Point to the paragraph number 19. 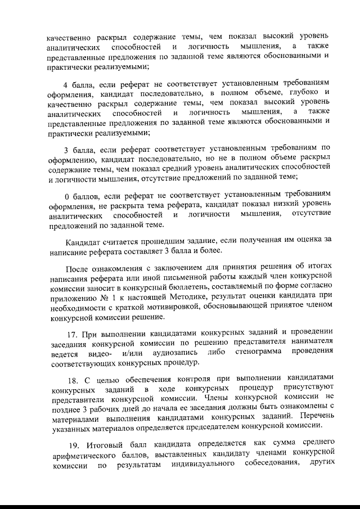coord(70,443)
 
